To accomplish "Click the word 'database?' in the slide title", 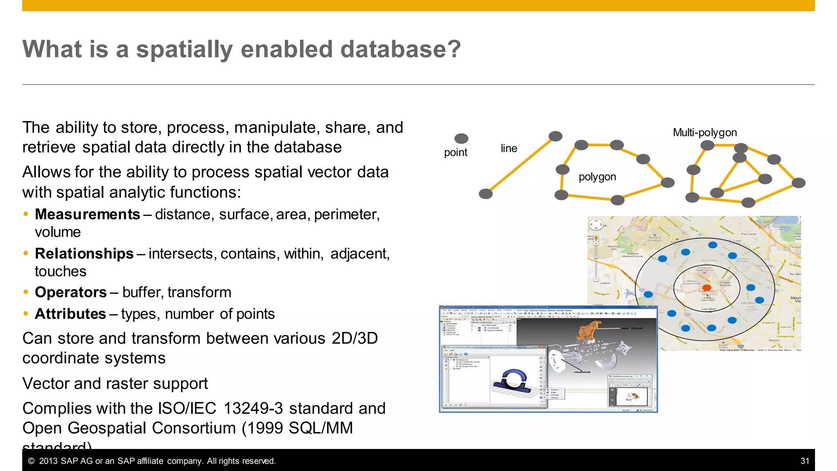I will click(400, 49).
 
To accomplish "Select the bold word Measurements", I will click(87, 214).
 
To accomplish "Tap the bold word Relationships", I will click(84, 253).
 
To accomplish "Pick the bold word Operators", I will click(71, 292).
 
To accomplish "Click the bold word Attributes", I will click(70, 314).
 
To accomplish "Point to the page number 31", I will click(804, 461).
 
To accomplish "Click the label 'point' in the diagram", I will click(455, 153).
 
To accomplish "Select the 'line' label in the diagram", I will click(509, 148).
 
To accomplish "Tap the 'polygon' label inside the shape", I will click(597, 177).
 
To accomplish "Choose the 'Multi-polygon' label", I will click(705, 132).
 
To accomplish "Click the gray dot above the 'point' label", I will click(461, 139).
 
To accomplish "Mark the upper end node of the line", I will click(555, 136).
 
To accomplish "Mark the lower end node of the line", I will click(486, 194).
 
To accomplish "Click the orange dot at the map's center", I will click(707, 288).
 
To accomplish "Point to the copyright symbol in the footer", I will click(31, 461).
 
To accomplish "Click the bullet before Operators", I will click(26, 292).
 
